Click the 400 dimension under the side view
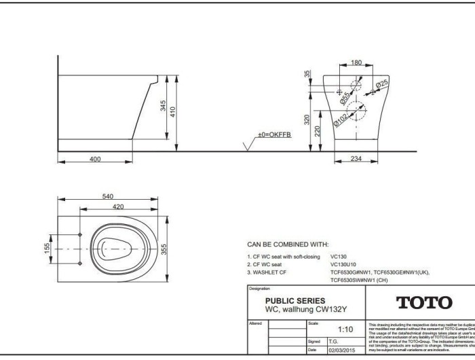(94, 158)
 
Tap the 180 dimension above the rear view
(356, 62)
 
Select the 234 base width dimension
(355, 158)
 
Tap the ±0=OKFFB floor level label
(274, 136)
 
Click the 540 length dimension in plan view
(107, 196)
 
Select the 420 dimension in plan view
(118, 206)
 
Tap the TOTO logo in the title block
(423, 303)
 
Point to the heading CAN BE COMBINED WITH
(288, 244)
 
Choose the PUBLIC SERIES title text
(294, 300)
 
